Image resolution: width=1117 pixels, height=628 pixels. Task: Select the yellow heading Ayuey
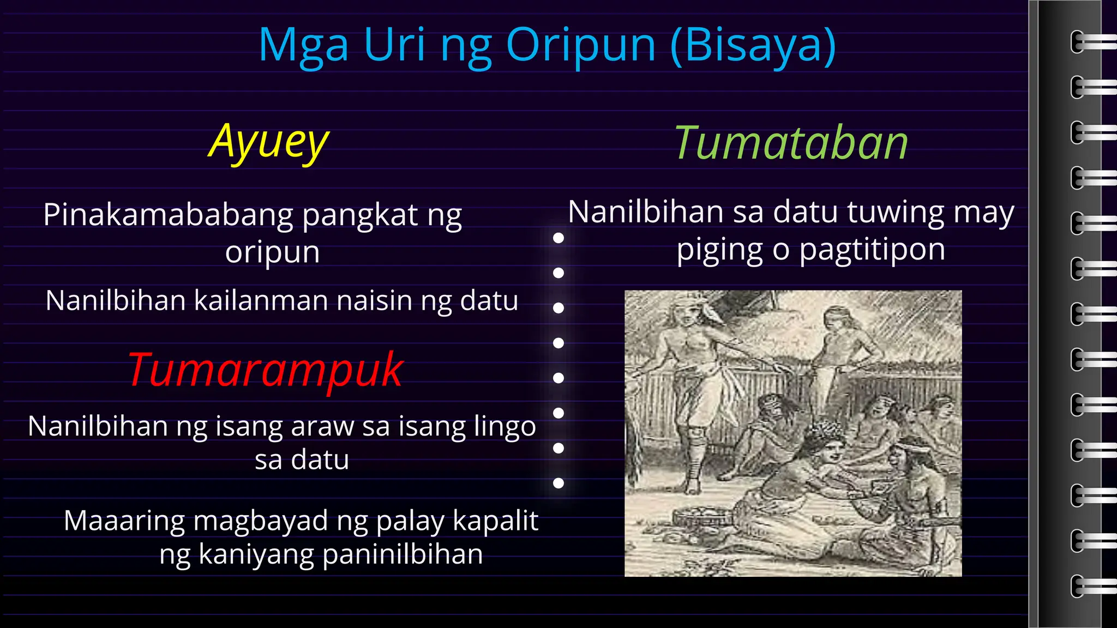tap(269, 142)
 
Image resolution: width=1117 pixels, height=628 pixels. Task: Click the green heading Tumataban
tap(791, 143)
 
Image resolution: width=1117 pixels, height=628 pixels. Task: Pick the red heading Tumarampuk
tap(265, 370)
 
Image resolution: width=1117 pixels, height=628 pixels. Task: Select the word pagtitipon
tap(872, 250)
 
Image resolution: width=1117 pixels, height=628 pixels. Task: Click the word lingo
tap(505, 426)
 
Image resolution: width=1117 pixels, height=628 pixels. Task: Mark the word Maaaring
tap(124, 521)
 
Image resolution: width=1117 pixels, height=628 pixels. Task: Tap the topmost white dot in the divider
tap(558, 238)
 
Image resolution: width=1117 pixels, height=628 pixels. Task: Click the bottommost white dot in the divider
tap(558, 483)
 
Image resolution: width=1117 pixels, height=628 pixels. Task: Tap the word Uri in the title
tap(394, 45)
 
